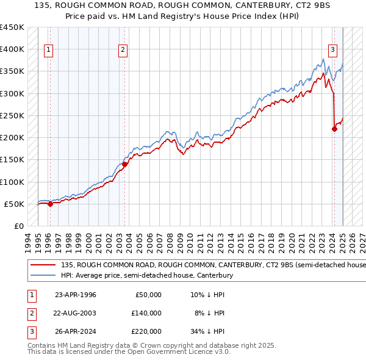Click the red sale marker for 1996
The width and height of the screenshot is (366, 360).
50,204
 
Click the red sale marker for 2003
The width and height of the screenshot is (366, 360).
124,164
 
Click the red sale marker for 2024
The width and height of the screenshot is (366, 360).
334,129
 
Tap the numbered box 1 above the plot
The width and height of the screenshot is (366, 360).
48,50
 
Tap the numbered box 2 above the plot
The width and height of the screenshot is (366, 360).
123,50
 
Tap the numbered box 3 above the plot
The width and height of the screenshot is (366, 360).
333,50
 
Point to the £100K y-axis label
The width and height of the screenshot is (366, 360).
12,182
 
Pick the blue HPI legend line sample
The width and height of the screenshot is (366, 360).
43,276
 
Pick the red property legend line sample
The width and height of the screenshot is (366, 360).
43,265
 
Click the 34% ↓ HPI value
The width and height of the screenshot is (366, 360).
208,331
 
